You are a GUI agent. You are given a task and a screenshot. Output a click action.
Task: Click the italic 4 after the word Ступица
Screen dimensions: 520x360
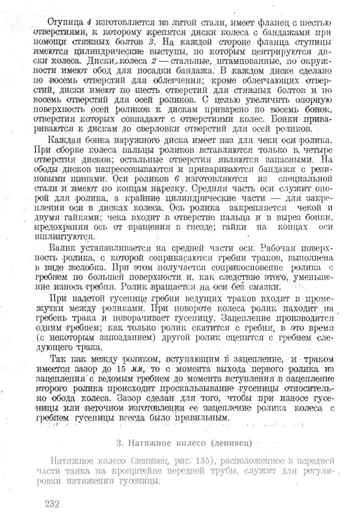[88, 22]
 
